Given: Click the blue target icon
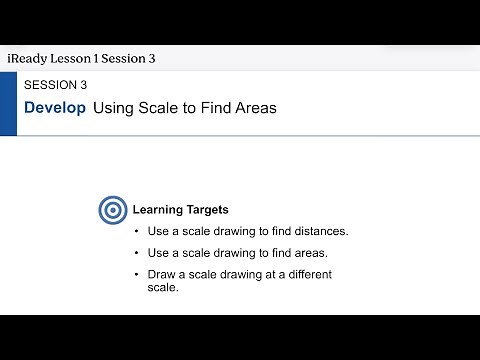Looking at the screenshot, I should tap(112, 210).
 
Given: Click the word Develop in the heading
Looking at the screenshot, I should tap(55, 107).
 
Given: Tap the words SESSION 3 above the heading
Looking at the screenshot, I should tap(62, 85).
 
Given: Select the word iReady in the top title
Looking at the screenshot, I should tap(30, 58).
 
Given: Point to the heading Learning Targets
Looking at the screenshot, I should tap(181, 210).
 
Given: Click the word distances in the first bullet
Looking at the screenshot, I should tap(319, 231).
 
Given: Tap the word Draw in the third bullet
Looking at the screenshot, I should tap(162, 274).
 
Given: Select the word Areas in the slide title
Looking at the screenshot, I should tap(254, 107).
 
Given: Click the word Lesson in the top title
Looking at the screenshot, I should tap(78, 58).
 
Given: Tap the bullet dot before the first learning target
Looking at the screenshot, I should tap(136, 231).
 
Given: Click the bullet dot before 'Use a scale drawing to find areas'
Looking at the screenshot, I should tap(136, 253).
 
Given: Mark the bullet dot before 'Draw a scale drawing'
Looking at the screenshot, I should tap(136, 274).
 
